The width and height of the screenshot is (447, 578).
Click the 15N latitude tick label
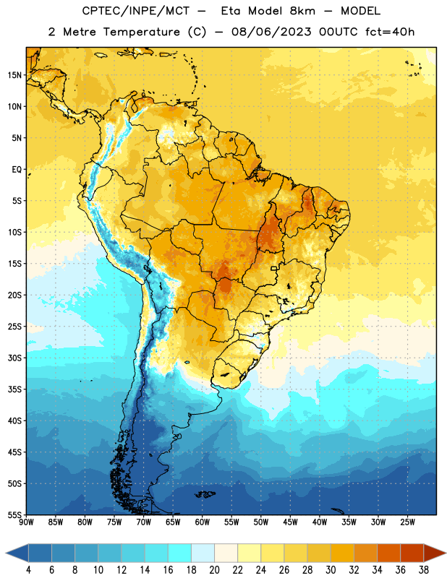(14, 75)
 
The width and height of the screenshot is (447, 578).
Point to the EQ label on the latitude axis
(17, 170)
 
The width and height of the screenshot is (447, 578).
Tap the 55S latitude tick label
(14, 515)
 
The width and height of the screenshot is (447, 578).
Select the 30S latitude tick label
(14, 358)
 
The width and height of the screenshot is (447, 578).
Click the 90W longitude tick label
(26, 522)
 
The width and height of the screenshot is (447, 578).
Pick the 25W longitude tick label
(407, 522)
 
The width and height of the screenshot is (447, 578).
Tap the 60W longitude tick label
(203, 522)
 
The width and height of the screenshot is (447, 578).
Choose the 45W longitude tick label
(290, 522)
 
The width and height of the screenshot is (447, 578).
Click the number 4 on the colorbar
(28, 570)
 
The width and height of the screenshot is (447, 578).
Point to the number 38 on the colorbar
(424, 570)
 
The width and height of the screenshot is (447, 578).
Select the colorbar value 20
(214, 570)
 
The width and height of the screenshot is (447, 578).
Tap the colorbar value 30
(331, 570)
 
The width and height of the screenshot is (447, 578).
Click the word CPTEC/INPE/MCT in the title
(135, 11)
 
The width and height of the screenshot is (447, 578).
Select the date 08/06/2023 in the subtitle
(271, 32)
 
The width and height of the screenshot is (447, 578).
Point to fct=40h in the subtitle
(390, 32)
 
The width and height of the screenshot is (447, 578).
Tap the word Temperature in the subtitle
(141, 32)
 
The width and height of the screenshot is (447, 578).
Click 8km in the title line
(302, 11)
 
